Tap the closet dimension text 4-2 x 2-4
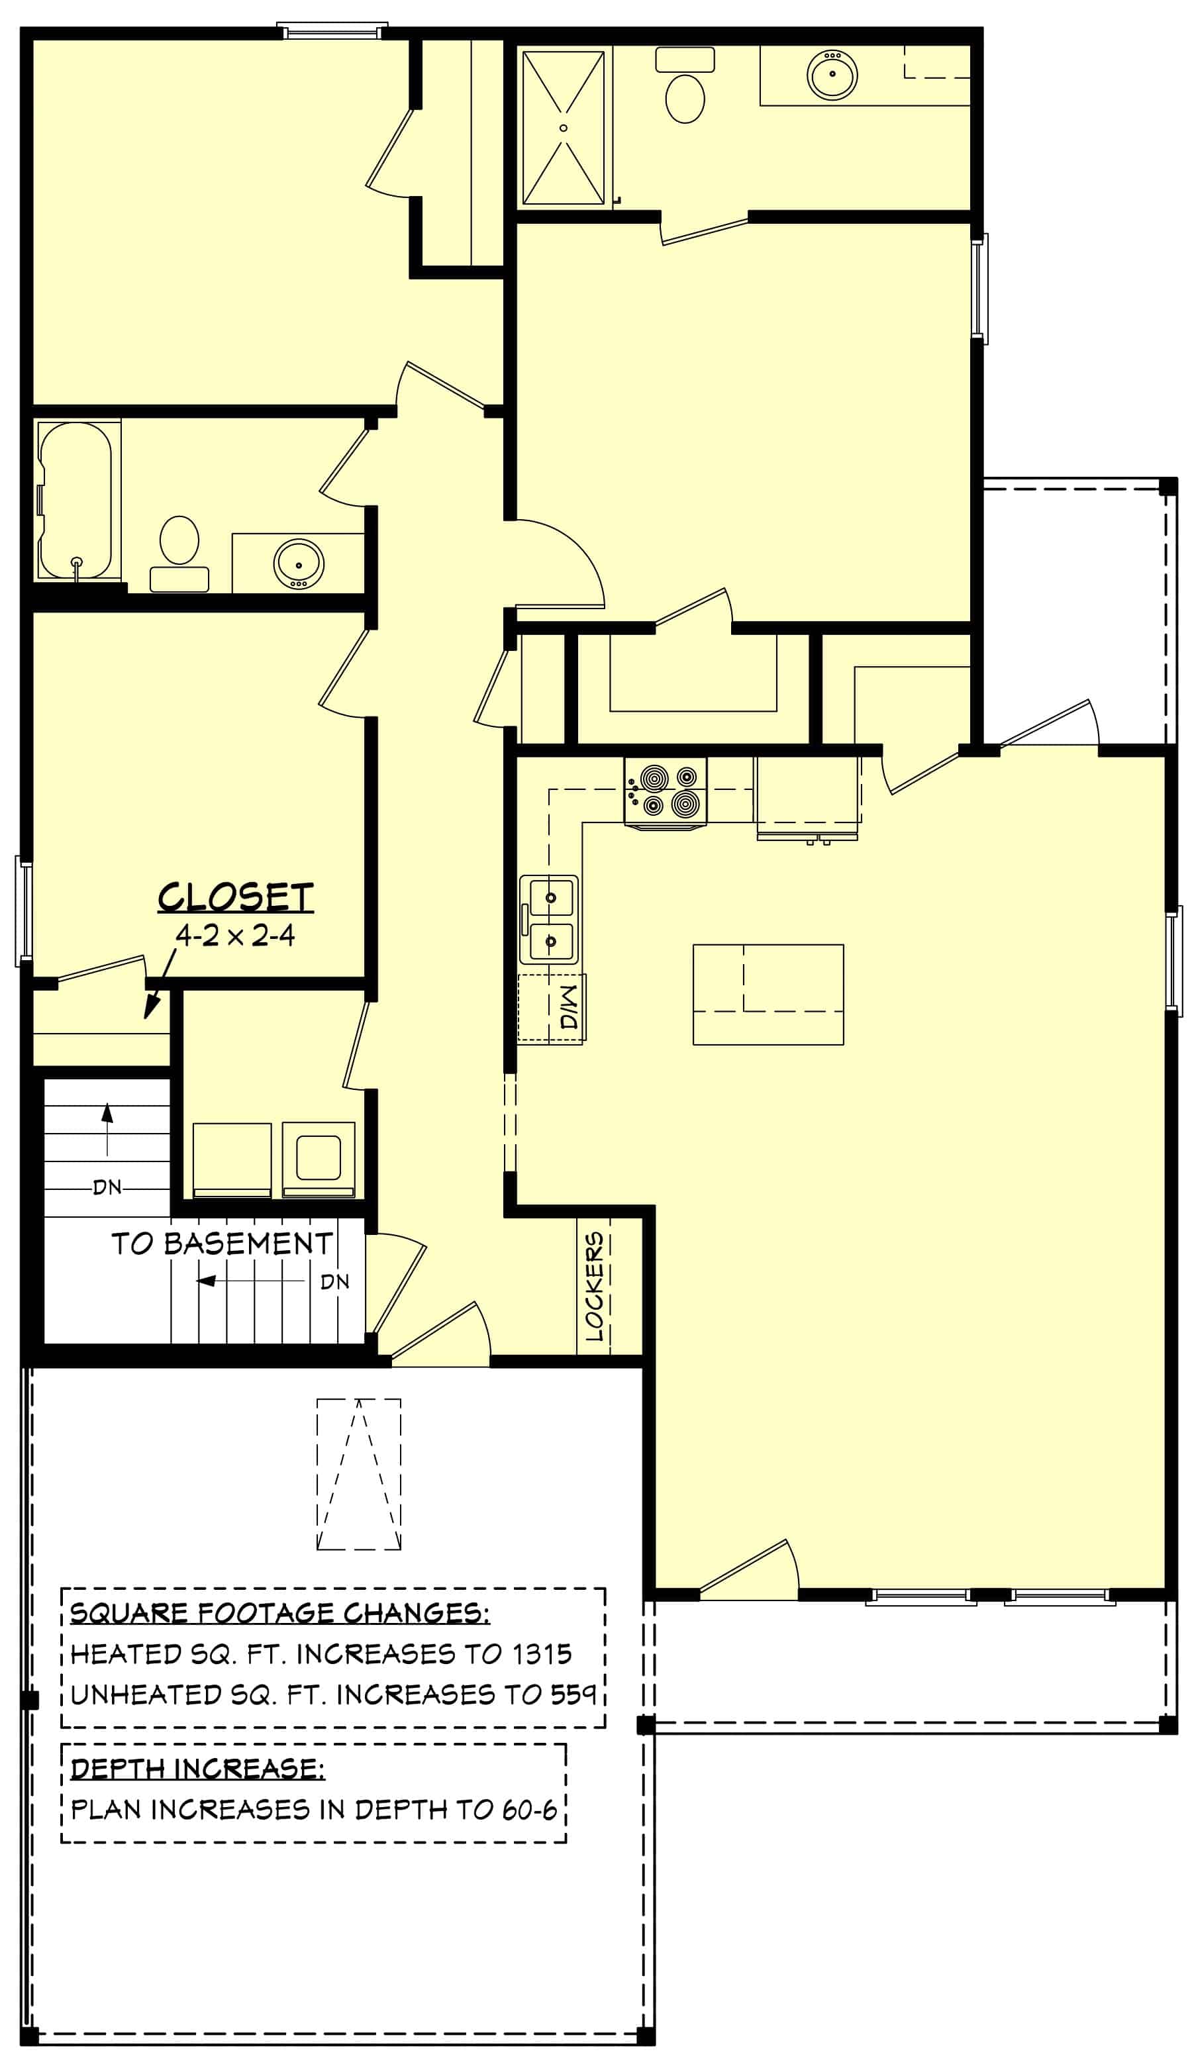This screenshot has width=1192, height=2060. click(236, 935)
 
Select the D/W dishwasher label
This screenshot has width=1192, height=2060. click(569, 1007)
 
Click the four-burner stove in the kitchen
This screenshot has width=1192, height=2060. click(666, 791)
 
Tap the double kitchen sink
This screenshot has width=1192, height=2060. click(550, 919)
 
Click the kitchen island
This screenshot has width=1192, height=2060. click(768, 994)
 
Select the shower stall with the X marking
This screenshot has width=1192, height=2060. click(564, 128)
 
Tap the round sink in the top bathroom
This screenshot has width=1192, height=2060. click(832, 74)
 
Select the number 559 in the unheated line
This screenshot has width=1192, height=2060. click(572, 1694)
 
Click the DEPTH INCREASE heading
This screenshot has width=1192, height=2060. click(197, 1769)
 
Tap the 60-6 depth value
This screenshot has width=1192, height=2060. click(529, 1810)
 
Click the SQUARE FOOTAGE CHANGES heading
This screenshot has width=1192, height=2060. click(279, 1613)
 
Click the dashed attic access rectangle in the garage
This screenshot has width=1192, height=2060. click(359, 1474)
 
